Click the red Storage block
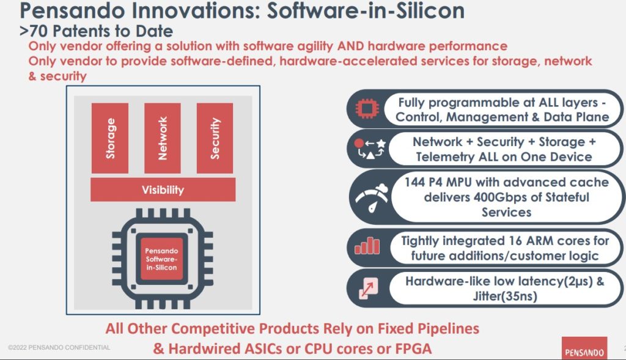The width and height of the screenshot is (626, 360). (x=110, y=138)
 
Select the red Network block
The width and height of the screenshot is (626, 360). (x=163, y=138)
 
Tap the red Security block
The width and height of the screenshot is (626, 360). (x=215, y=138)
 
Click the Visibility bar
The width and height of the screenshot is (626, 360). (x=163, y=189)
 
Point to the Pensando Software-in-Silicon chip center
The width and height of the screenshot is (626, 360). (x=161, y=259)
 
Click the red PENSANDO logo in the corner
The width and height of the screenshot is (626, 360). (x=584, y=348)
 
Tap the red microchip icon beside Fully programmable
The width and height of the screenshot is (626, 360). (x=367, y=109)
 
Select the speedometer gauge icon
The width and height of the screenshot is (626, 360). (x=372, y=198)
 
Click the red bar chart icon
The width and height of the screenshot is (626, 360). (x=367, y=246)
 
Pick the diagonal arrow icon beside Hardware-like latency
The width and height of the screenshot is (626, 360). (x=368, y=288)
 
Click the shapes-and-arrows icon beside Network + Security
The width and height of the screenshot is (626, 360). (x=370, y=149)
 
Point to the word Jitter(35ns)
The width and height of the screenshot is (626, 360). (x=505, y=296)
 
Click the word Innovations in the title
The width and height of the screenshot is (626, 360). (x=196, y=10)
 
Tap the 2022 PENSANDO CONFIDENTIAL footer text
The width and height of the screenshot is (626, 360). (x=59, y=347)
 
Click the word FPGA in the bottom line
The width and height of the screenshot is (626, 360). (x=413, y=348)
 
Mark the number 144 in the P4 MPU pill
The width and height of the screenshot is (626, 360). (x=414, y=182)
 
